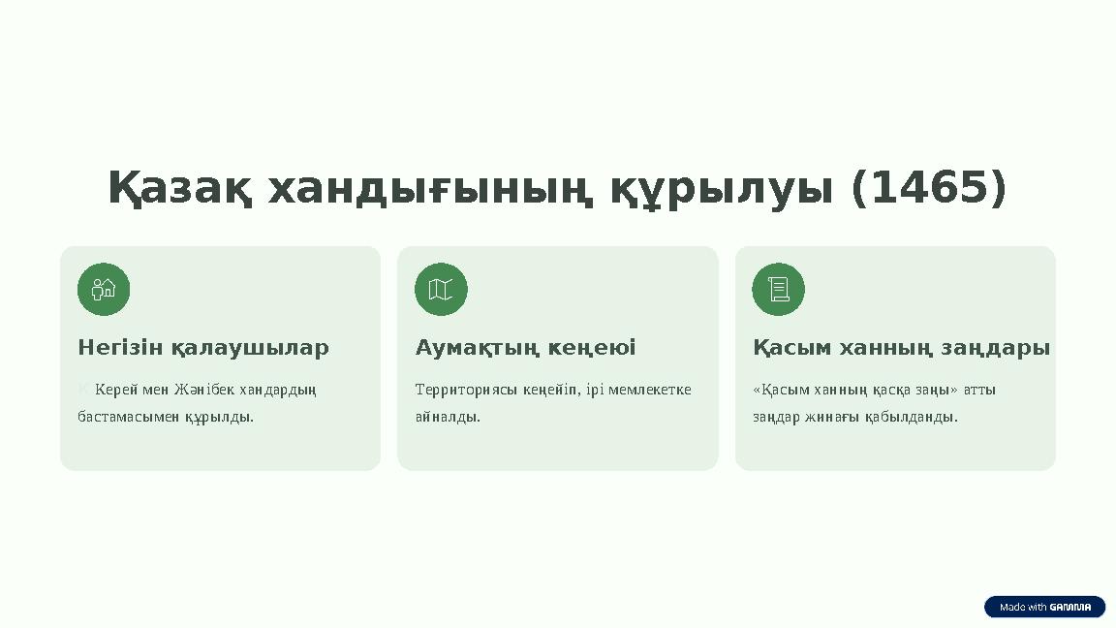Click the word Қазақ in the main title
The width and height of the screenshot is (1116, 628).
tap(180, 188)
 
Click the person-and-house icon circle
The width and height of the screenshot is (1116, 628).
tap(104, 289)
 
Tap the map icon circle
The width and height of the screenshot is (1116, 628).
tap(441, 289)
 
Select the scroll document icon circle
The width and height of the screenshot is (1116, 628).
tap(778, 289)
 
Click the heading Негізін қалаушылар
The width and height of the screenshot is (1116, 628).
tap(203, 347)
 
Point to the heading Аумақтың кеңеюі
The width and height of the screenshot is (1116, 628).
tap(525, 347)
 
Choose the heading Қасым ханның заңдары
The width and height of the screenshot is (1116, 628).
tap(901, 347)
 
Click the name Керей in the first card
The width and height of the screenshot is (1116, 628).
tap(116, 390)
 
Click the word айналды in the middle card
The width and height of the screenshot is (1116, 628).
tap(447, 417)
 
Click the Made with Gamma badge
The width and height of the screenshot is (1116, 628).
tap(1044, 607)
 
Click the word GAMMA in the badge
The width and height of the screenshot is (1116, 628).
tap(1070, 608)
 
